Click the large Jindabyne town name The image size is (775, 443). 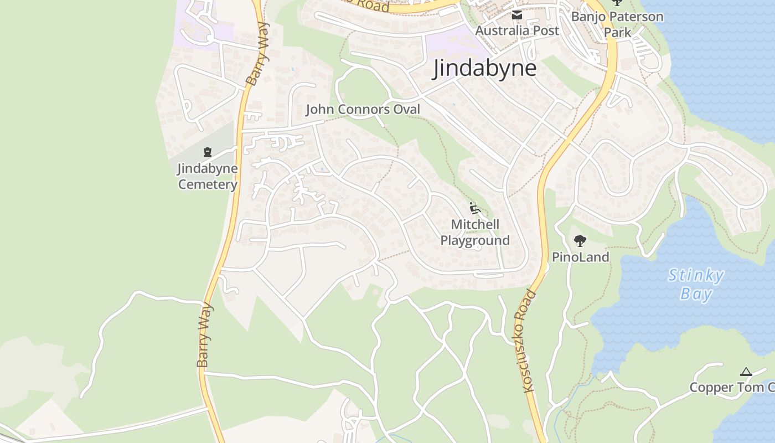[x=484, y=69]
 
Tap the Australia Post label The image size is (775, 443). [x=517, y=30]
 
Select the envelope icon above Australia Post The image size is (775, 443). [x=517, y=15]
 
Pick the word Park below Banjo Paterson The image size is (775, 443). [x=617, y=32]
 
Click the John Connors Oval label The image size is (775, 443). [x=363, y=109]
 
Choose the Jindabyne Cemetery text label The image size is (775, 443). [x=208, y=176]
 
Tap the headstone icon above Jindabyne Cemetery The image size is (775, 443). [x=208, y=152]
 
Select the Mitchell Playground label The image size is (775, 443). [x=475, y=233]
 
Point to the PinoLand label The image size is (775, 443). [x=580, y=257]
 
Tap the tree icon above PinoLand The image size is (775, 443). [x=580, y=240]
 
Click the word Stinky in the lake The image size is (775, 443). [x=696, y=275]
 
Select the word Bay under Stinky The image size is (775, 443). [x=696, y=293]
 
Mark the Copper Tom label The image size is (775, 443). [x=731, y=388]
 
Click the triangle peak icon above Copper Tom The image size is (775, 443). [x=746, y=372]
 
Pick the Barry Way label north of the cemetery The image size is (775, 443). [x=258, y=54]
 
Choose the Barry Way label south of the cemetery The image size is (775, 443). [x=204, y=334]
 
